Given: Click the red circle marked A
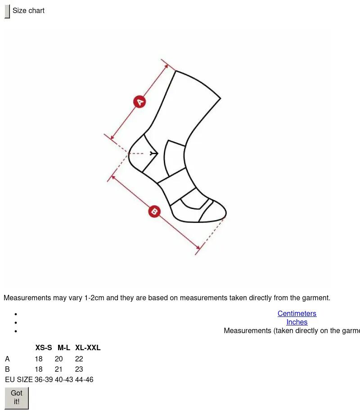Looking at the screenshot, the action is click(x=139, y=102).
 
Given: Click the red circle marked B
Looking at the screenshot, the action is click(x=154, y=211).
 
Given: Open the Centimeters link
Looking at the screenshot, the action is click(x=297, y=313).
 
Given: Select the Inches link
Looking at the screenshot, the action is click(x=297, y=322).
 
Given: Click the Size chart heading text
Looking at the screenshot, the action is click(x=28, y=10).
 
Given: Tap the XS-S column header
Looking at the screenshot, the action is click(x=44, y=347).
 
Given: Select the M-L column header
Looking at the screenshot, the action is click(x=64, y=347).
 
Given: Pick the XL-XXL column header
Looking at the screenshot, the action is click(x=88, y=347).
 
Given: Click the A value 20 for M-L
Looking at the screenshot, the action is click(x=58, y=359).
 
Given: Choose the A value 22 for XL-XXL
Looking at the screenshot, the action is click(x=79, y=359).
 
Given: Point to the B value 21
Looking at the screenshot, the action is click(x=58, y=369).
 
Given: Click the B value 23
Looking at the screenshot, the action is click(x=79, y=369).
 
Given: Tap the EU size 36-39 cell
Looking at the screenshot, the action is click(x=44, y=380).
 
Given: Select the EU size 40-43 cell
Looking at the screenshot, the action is click(x=64, y=380).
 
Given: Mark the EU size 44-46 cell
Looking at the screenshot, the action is click(x=84, y=380).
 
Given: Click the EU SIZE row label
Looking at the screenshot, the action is click(x=19, y=380).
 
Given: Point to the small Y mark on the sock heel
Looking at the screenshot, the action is click(x=154, y=153).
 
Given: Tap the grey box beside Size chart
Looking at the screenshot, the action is click(x=7, y=11).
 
